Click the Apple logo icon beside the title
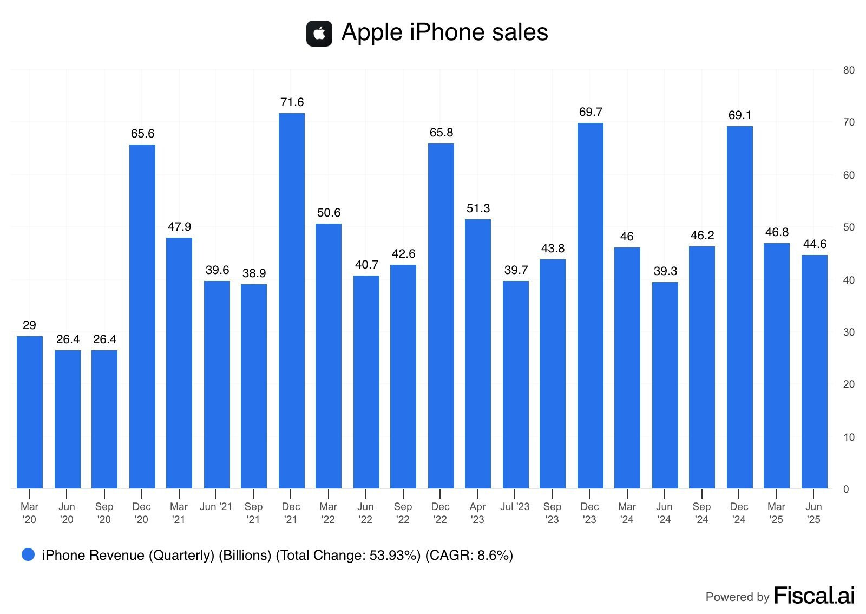click(319, 34)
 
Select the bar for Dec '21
click(291, 301)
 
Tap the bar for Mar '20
click(30, 412)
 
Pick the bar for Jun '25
click(814, 371)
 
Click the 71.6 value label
click(292, 102)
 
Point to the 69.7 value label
click(591, 112)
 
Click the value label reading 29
click(29, 325)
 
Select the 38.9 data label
click(254, 273)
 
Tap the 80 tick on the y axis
click(849, 70)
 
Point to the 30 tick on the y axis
click(849, 332)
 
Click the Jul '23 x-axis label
click(515, 507)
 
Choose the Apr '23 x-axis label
click(477, 513)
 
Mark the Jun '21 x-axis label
click(216, 507)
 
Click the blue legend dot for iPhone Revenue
click(28, 554)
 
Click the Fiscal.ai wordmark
click(814, 596)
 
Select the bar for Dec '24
click(739, 307)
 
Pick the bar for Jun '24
click(665, 385)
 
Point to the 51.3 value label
click(478, 208)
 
